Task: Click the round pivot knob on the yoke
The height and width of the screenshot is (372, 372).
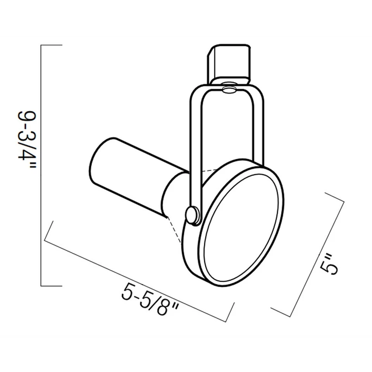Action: [x=192, y=215]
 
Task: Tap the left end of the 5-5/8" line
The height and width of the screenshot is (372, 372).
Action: [x=48, y=232]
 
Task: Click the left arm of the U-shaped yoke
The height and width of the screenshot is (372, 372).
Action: [x=196, y=147]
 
